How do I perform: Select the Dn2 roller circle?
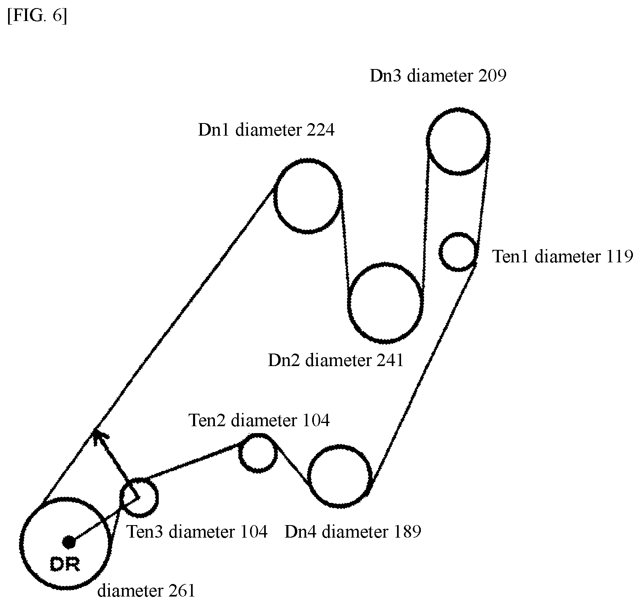(349, 303)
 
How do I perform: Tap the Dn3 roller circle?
(427, 141)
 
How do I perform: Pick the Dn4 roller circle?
(309, 476)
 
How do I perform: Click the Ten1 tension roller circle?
(440, 251)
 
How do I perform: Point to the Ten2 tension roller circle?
(240, 453)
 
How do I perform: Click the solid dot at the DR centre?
(69, 542)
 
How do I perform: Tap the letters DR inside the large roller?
(65, 564)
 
